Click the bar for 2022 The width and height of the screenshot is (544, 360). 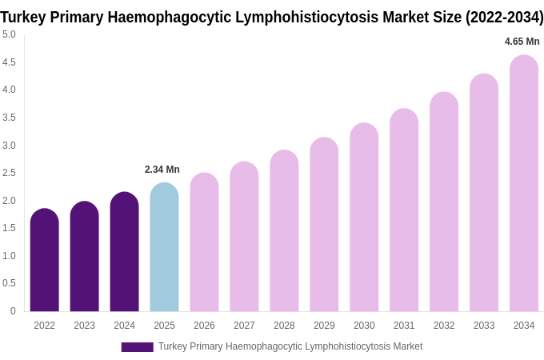point(44,260)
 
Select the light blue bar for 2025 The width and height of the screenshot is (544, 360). point(164,247)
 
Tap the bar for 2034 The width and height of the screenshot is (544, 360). point(524,183)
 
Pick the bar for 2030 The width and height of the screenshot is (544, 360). point(364,217)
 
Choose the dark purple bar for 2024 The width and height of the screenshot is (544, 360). point(124,252)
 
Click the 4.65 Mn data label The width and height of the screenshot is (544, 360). point(522,42)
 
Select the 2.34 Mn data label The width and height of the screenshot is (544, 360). point(162,170)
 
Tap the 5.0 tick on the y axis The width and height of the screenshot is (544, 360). point(9,34)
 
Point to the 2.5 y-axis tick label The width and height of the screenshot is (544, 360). point(9,173)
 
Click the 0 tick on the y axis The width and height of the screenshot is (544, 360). point(13,311)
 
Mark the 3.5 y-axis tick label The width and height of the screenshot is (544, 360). point(9,118)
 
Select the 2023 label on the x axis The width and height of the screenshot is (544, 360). point(84,326)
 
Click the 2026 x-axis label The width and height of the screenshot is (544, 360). point(204,326)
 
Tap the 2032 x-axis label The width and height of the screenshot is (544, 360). point(444,326)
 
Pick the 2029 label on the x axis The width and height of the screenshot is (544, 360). point(324,326)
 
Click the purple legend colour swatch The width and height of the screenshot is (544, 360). point(137,347)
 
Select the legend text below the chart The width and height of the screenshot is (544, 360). point(290,346)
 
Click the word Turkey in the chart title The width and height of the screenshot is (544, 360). point(26,17)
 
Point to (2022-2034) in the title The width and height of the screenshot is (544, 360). point(504,17)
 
